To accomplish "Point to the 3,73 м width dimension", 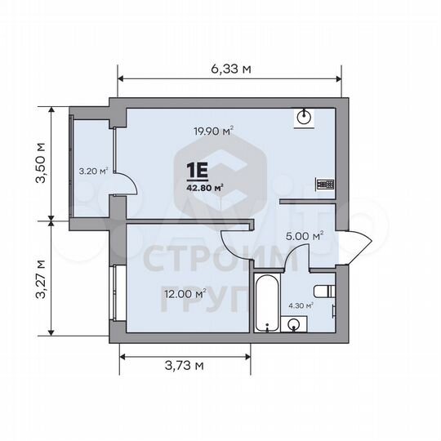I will point(184,366).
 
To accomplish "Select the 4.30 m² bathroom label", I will point(299,307).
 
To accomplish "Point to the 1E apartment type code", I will point(198,170).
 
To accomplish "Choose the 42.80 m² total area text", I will point(205,185).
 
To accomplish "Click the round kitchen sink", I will point(305,117).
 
